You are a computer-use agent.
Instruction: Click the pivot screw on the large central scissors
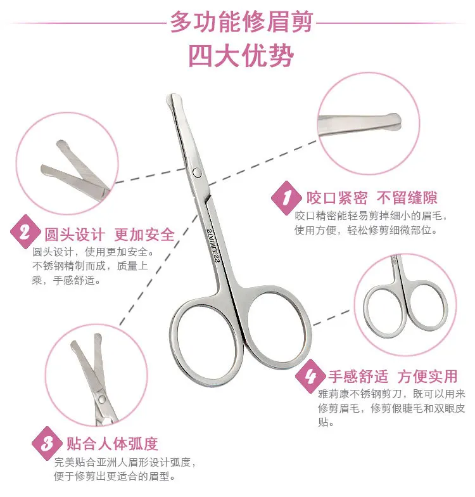pos(197,172)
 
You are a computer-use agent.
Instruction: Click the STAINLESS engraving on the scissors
pos(212,245)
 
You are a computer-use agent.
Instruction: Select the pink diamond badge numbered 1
pos(286,198)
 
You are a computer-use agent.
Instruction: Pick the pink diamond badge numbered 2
pos(25,232)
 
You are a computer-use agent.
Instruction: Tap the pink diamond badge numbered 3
pos(47,443)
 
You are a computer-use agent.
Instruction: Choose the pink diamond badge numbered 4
pos(310,377)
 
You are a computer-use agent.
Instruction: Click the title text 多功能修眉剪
pos(242,22)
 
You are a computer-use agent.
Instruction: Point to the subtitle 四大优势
pos(241,56)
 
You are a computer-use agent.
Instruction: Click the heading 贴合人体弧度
pos(113,443)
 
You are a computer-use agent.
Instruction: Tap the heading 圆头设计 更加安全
pos(110,235)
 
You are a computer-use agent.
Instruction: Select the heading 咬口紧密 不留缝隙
pos(372,198)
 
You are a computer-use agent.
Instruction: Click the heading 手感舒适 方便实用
pos(393,377)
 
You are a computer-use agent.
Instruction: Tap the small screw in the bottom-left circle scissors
pos(101,399)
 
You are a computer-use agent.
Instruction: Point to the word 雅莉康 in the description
pos(334,394)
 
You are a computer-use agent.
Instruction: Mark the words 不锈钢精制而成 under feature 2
pos(68,266)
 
